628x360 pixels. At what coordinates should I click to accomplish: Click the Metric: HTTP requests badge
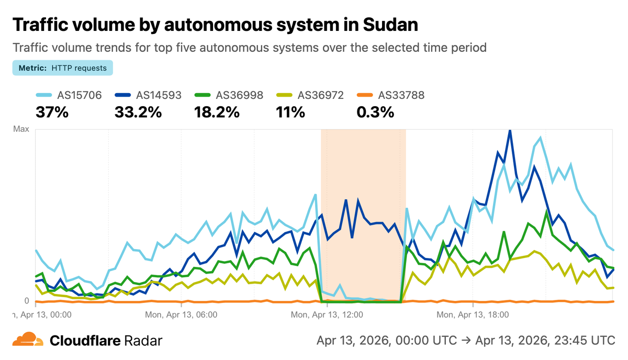(62, 68)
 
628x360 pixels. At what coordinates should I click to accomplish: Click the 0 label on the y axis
(27, 301)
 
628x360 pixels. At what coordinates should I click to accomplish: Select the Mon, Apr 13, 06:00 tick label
(181, 315)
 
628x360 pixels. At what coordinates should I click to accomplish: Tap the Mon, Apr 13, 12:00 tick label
(327, 315)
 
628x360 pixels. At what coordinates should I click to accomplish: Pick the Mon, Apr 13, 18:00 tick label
(472, 315)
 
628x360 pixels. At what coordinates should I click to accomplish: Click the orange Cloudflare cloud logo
(28, 340)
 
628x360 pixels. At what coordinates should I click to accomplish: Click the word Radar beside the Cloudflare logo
(143, 341)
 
